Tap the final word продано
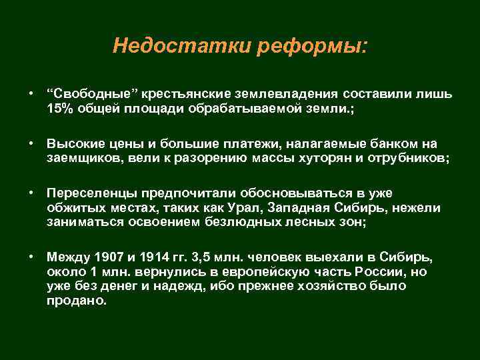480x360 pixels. click(77, 300)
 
